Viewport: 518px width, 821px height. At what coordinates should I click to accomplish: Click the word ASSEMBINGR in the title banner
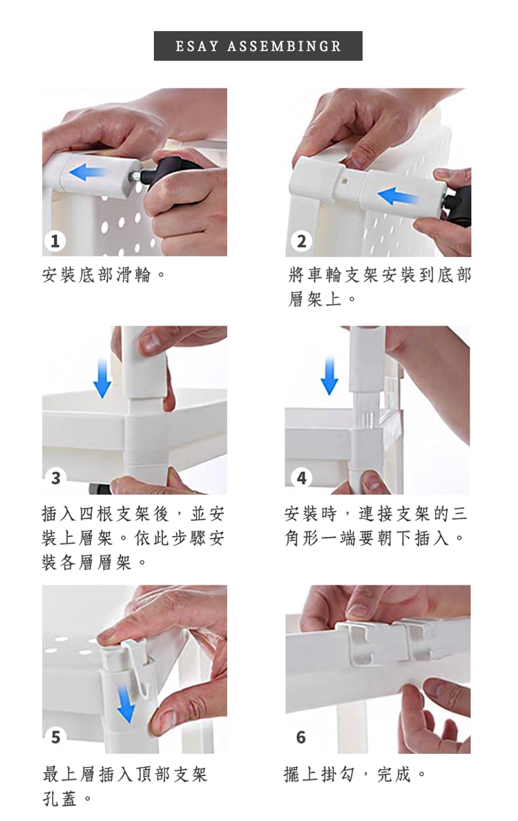pyautogui.click(x=284, y=46)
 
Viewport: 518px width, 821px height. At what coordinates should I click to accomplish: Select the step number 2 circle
pyautogui.click(x=301, y=241)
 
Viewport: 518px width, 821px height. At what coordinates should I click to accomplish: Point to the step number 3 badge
pyautogui.click(x=55, y=478)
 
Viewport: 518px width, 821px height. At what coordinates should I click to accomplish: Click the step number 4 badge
pyautogui.click(x=301, y=478)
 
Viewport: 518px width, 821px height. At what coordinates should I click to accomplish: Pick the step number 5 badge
pyautogui.click(x=55, y=737)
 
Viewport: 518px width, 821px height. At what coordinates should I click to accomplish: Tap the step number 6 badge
pyautogui.click(x=301, y=737)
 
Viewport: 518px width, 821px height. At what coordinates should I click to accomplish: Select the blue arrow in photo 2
pyautogui.click(x=398, y=198)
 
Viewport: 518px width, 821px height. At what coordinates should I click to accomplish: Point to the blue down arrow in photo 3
pyautogui.click(x=102, y=378)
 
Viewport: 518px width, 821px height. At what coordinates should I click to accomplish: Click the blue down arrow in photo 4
pyautogui.click(x=329, y=375)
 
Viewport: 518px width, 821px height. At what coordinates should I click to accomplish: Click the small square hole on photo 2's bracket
pyautogui.click(x=343, y=182)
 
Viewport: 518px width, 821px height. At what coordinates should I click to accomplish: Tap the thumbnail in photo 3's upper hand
pyautogui.click(x=151, y=343)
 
